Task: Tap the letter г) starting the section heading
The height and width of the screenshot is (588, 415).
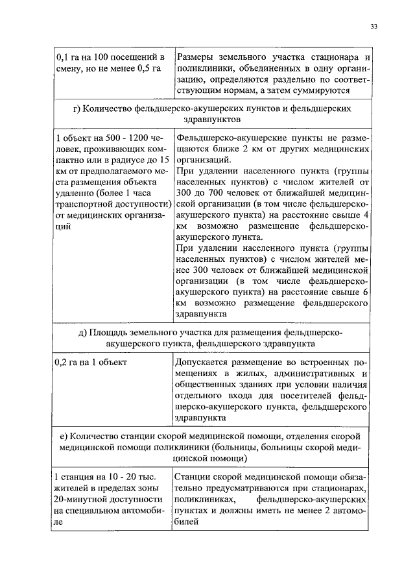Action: point(77,109)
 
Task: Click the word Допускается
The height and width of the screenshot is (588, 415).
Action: point(206,361)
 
